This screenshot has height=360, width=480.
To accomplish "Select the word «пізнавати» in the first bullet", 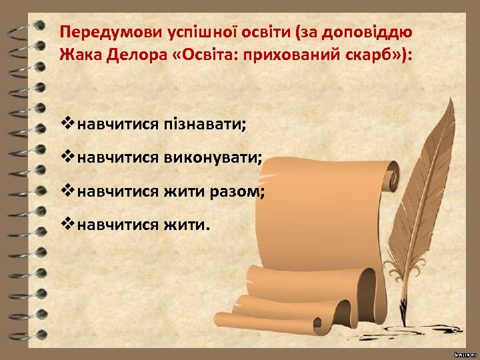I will coord(205,123).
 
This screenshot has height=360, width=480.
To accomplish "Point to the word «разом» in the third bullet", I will coord(235,192).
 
